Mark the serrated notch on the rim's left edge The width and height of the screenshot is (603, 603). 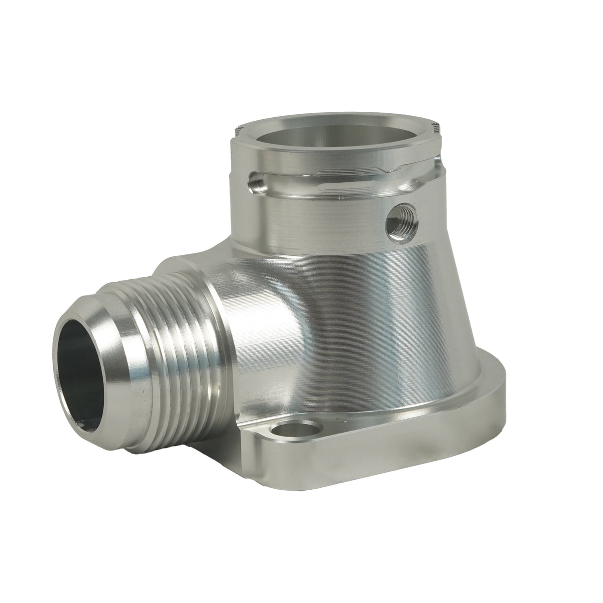pos(237,133)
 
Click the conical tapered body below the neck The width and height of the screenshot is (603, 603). pos(387,308)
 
